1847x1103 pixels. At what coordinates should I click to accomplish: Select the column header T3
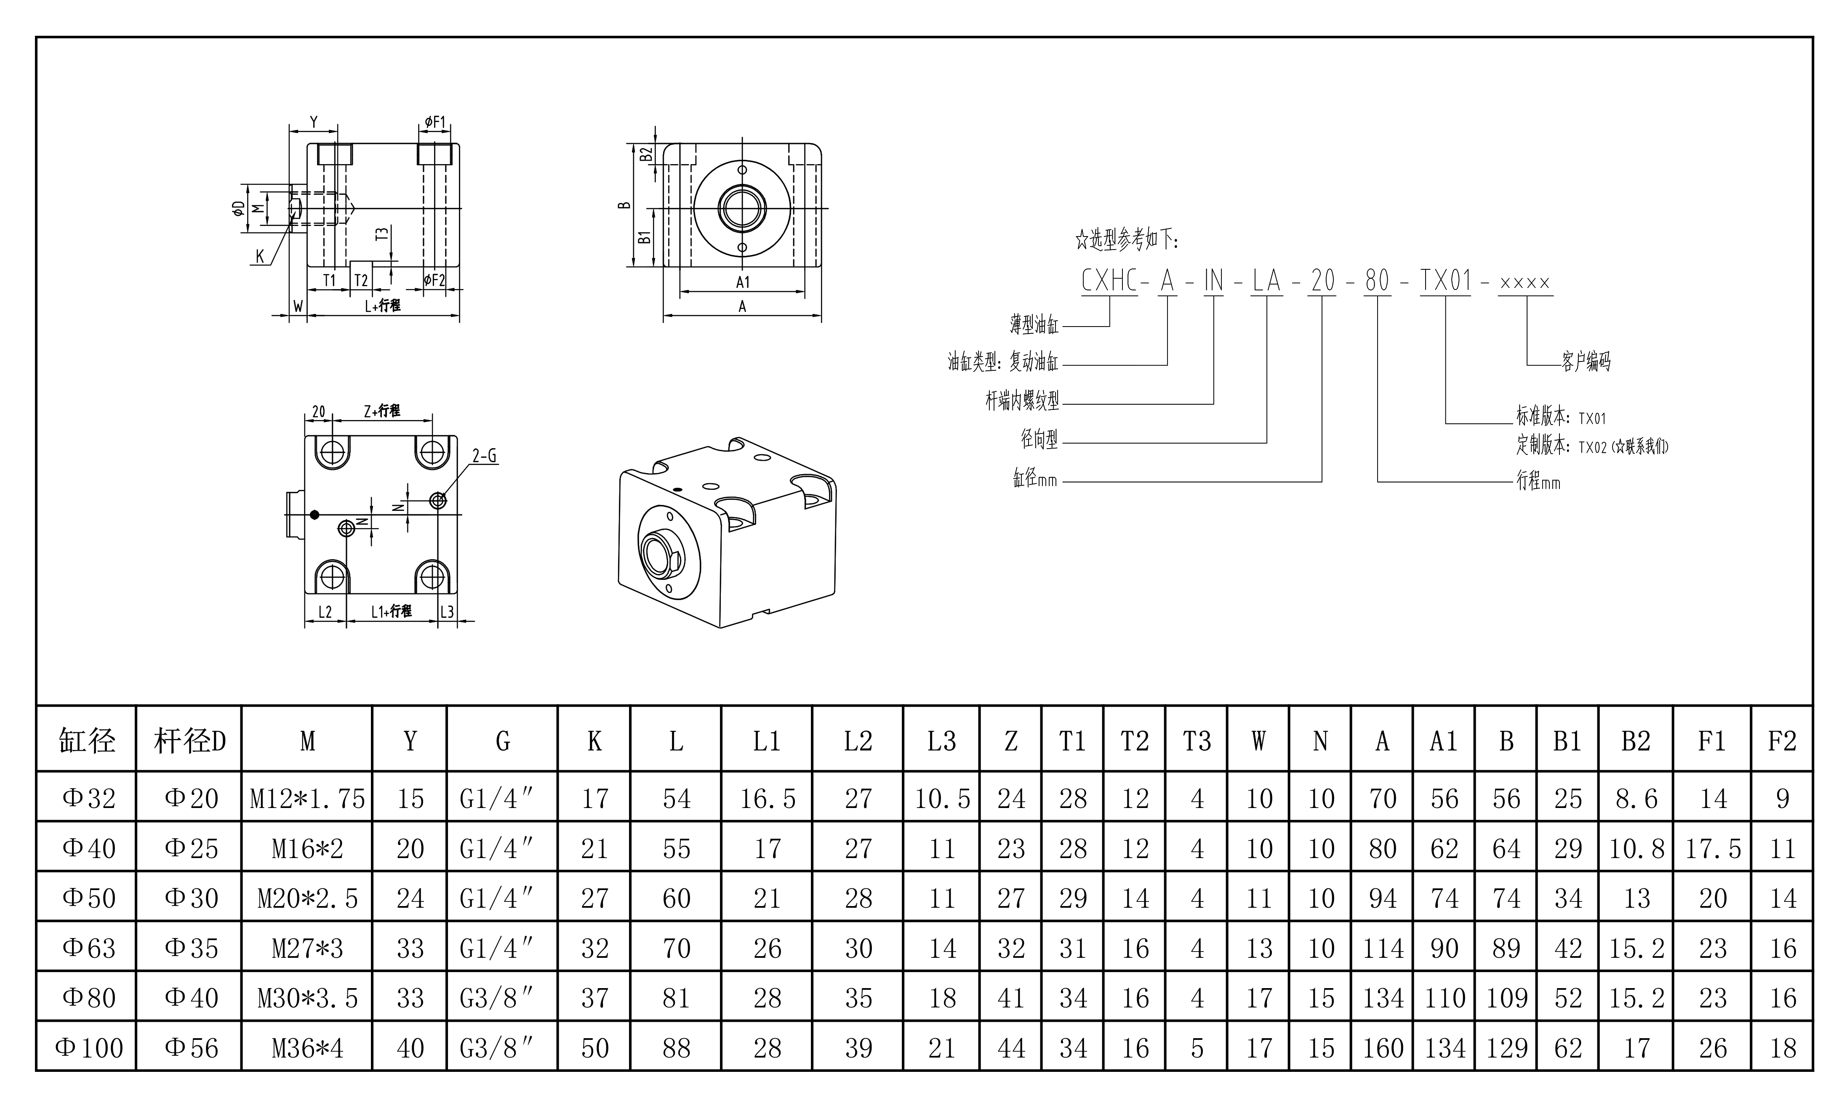[1197, 741]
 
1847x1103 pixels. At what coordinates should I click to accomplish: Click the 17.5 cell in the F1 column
[1712, 849]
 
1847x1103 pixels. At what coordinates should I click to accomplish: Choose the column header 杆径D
[189, 741]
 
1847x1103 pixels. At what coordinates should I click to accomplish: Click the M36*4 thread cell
[307, 1048]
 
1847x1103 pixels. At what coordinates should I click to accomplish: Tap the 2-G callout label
[484, 456]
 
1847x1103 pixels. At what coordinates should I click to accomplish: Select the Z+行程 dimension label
[381, 410]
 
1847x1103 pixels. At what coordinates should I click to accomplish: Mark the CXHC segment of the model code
[1109, 281]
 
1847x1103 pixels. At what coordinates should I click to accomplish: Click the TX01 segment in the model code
[1445, 281]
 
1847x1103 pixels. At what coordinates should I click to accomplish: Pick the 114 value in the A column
[1382, 949]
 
